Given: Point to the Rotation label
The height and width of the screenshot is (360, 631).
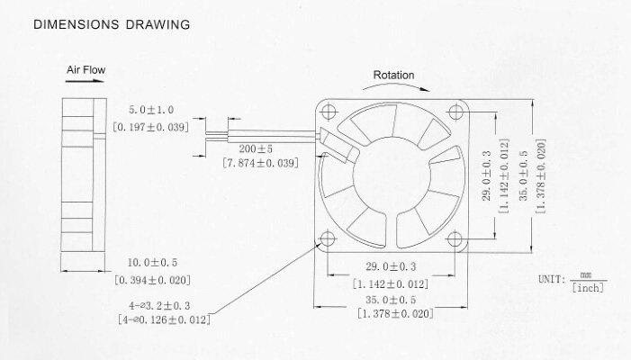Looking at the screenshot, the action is coord(394,76).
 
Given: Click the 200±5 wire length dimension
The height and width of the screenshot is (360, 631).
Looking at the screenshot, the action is coord(249,148).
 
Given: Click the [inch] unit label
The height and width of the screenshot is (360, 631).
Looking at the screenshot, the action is coord(587,287).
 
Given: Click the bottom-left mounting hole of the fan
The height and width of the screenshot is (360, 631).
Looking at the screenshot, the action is coord(326,238).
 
